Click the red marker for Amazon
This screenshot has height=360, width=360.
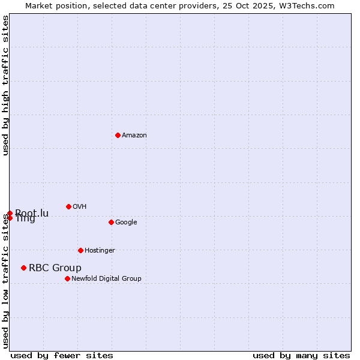pos(118,135)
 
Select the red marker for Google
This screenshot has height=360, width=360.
pos(111,222)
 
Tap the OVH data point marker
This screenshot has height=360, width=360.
pos(68,206)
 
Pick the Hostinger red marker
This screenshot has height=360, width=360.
pos(80,250)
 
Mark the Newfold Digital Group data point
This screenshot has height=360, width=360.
pos(67,278)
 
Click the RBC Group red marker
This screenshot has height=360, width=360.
pos(23,268)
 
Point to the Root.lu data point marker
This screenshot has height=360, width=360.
pos(10,213)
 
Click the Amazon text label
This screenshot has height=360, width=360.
pos(134,136)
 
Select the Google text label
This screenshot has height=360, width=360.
pos(126,223)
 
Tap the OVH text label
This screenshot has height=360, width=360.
pos(80,207)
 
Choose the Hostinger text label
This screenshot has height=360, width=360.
pos(100,251)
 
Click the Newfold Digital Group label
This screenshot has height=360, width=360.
pos(106,279)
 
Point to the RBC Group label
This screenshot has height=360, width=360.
pos(55,268)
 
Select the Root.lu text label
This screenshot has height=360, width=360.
pos(32,213)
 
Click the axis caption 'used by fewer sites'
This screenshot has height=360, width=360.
pos(62,355)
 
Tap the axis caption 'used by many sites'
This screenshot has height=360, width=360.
pos(301,355)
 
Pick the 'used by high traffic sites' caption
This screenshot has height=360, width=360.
pos(5,85)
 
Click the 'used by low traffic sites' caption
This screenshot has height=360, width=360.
pos(5,281)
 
